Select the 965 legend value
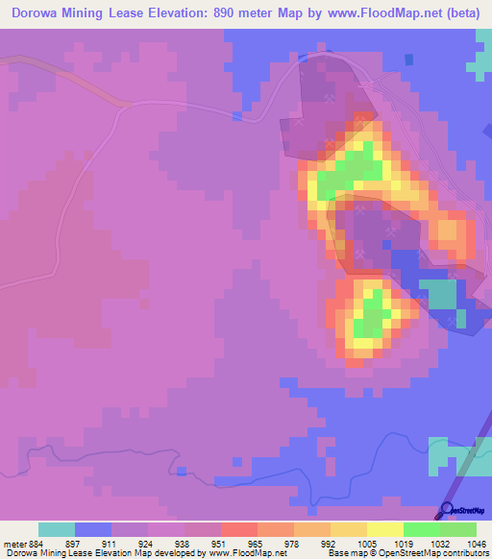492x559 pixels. [256, 543]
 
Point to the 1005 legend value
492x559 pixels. [366, 543]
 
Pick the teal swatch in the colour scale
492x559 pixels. [57, 529]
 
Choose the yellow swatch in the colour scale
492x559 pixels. [385, 529]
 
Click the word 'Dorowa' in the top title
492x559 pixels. [39, 12]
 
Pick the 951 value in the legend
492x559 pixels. [219, 543]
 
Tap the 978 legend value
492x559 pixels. [292, 543]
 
